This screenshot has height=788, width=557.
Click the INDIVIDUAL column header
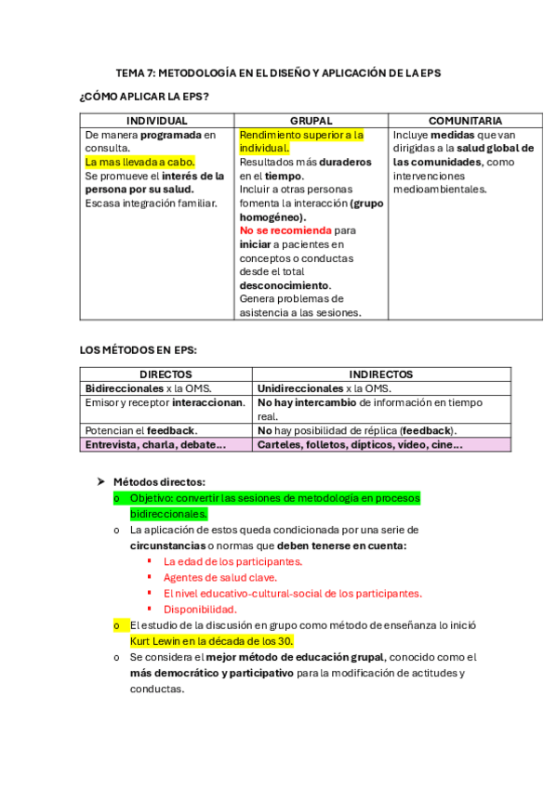(x=156, y=121)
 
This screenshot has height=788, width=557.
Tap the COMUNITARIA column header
(x=465, y=121)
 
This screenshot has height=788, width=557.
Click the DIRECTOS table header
(x=166, y=374)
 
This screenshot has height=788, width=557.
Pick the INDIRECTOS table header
(x=381, y=374)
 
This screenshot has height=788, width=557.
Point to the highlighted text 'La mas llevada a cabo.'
(x=139, y=162)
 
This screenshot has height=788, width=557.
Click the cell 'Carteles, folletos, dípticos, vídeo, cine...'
(x=360, y=445)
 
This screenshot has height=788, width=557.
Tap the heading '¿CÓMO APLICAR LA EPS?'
(x=143, y=97)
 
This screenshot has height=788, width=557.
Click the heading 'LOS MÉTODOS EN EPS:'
(x=139, y=350)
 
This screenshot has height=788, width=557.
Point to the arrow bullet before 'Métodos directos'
(x=101, y=481)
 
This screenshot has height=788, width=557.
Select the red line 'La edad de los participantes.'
(x=232, y=561)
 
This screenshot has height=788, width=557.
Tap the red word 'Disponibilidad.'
(x=200, y=609)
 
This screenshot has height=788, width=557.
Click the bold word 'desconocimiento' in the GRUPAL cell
(x=285, y=285)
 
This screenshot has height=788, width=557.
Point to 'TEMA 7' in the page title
(x=134, y=72)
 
